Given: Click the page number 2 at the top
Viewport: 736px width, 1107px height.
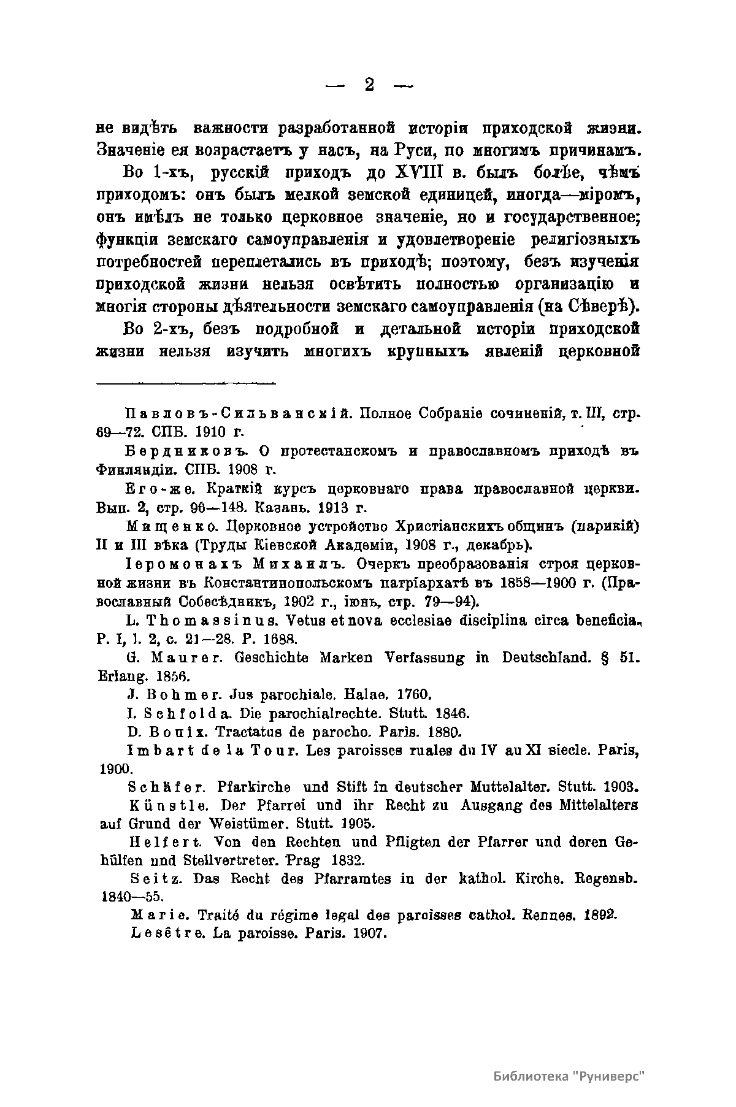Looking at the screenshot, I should pos(369,85).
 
